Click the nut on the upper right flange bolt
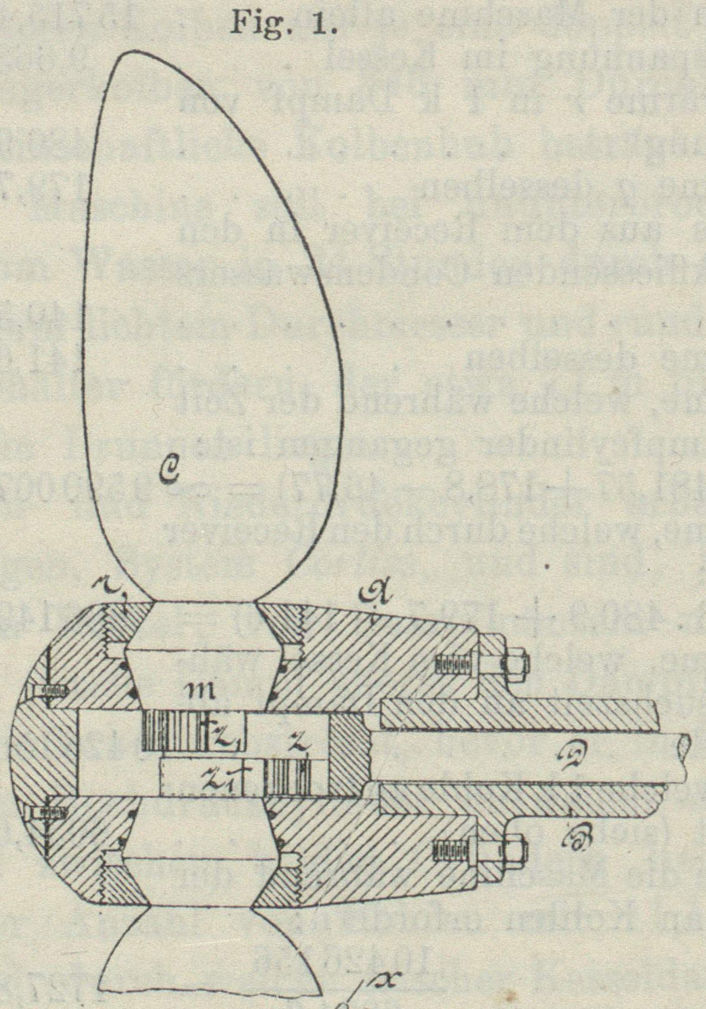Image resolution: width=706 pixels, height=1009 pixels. pyautogui.click(x=515, y=664)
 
